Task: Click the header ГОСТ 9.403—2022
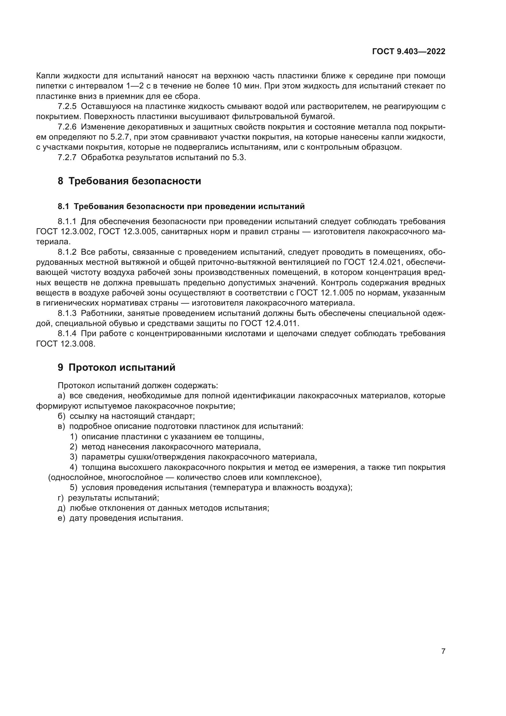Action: point(408,52)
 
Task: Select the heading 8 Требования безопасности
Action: point(129,181)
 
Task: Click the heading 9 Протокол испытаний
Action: point(116,368)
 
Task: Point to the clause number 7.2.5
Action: point(67,107)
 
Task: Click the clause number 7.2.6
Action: point(67,127)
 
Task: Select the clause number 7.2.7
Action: point(67,157)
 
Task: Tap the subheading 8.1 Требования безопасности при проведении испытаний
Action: point(181,206)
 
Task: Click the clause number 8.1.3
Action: point(67,313)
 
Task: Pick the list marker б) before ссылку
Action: point(61,416)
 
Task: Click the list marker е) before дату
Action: point(61,518)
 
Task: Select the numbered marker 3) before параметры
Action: point(73,457)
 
